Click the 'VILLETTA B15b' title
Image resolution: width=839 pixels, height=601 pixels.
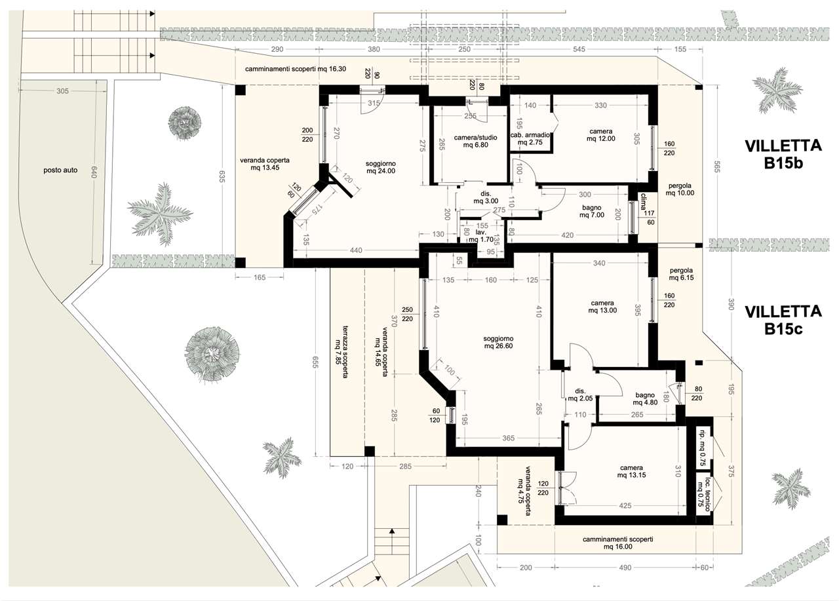click(783, 155)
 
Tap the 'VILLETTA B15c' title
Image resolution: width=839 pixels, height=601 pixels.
click(783, 320)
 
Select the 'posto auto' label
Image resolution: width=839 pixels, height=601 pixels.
click(60, 170)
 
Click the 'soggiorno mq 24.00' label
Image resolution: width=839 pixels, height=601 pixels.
click(381, 167)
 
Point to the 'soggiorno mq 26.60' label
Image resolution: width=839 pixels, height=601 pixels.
click(498, 342)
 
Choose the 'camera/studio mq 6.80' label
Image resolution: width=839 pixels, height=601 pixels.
click(475, 141)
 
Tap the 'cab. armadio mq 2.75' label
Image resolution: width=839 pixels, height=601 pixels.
click(530, 138)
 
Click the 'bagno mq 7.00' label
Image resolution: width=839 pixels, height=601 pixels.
click(592, 211)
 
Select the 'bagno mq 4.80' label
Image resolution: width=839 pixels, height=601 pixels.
click(645, 398)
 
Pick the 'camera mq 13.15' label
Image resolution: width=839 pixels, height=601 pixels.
click(631, 471)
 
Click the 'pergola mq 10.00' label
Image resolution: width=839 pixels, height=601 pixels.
click(680, 189)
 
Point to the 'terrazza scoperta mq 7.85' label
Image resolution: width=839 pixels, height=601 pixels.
click(341, 351)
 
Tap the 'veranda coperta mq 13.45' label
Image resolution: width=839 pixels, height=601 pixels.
click(265, 164)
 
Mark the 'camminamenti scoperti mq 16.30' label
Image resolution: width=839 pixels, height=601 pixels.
click(296, 69)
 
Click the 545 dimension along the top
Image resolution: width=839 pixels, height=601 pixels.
click(579, 49)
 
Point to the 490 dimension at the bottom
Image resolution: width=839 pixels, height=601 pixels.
click(625, 568)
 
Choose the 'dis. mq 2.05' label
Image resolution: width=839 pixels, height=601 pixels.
click(580, 395)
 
